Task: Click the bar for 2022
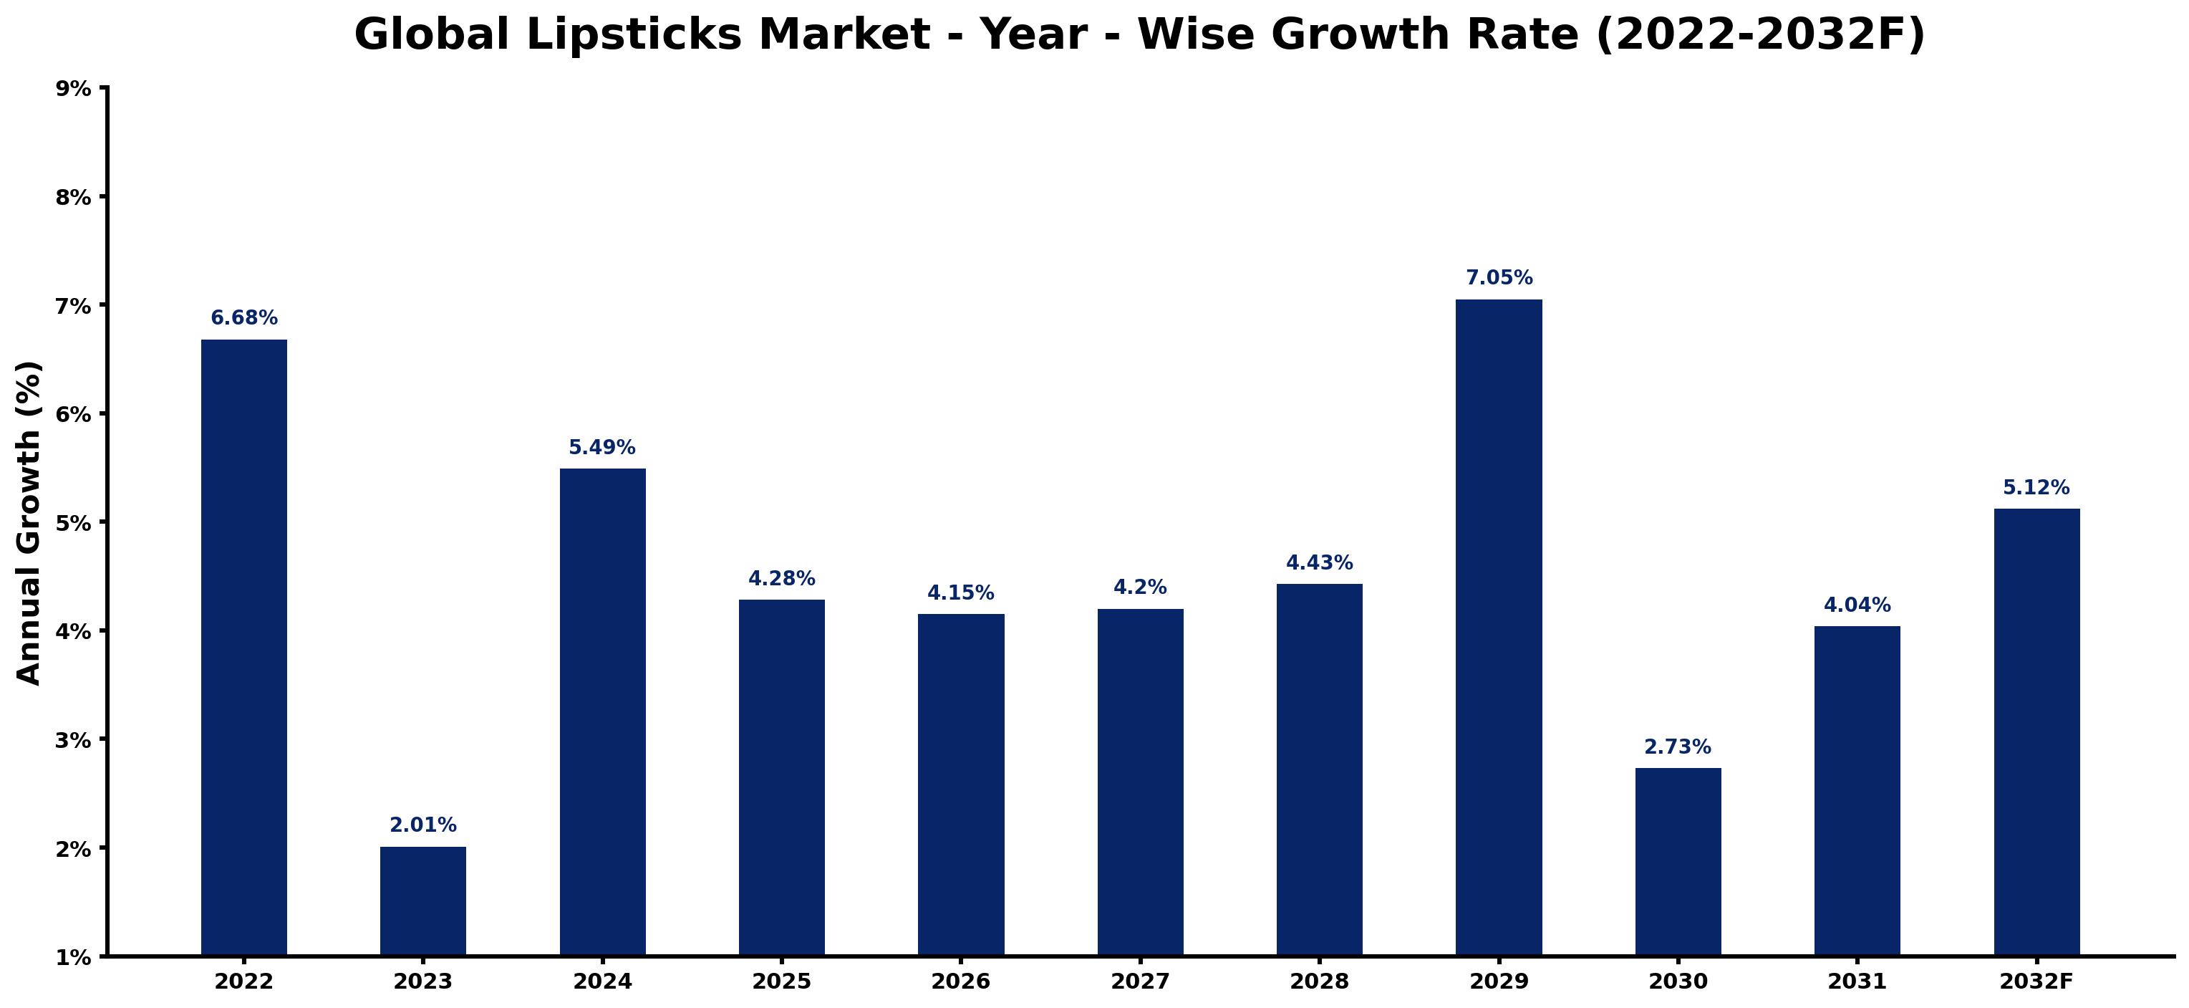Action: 244,647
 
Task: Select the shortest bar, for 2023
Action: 423,901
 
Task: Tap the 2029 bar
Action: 1499,628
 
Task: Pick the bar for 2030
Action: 1678,861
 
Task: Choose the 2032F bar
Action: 2037,731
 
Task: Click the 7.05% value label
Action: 1499,278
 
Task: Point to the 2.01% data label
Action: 423,825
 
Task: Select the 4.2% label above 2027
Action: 1141,587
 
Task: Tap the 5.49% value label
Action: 602,447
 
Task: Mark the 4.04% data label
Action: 1857,605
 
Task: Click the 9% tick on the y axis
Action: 74,87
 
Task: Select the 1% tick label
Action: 74,958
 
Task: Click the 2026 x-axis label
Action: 961,981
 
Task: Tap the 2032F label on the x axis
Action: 2037,981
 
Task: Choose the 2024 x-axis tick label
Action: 602,981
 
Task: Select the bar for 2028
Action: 1320,769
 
